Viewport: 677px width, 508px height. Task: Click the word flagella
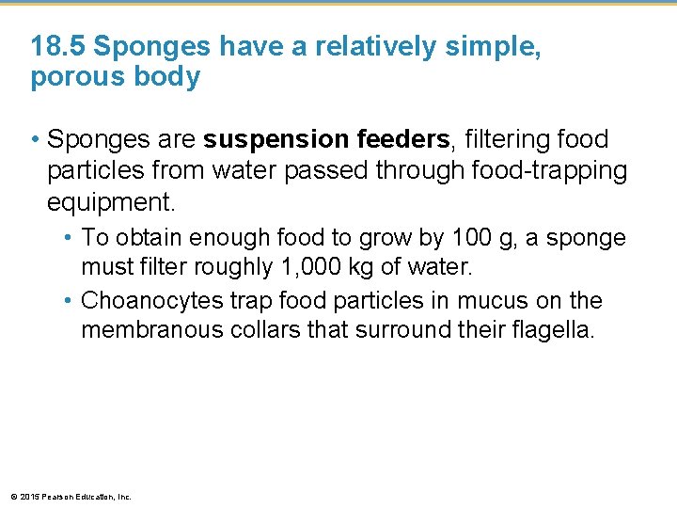pos(555,331)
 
